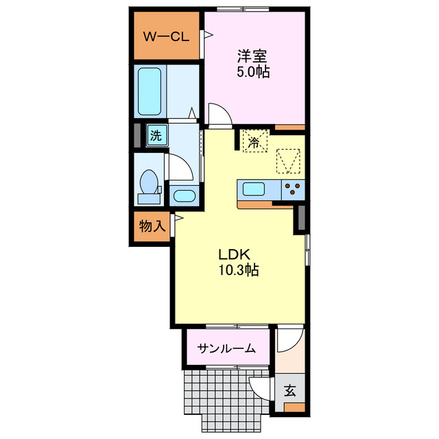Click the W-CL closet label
pos(165,37)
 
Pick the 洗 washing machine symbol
pos(156,136)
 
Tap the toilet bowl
pos(147,183)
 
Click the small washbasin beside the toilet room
pos(183,196)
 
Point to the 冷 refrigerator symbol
pos(253,143)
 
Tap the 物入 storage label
pos(152,226)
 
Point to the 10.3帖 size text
pos(238,270)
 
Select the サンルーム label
pos(227,348)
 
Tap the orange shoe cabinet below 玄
pos(294,408)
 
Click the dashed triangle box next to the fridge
pos(288,161)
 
